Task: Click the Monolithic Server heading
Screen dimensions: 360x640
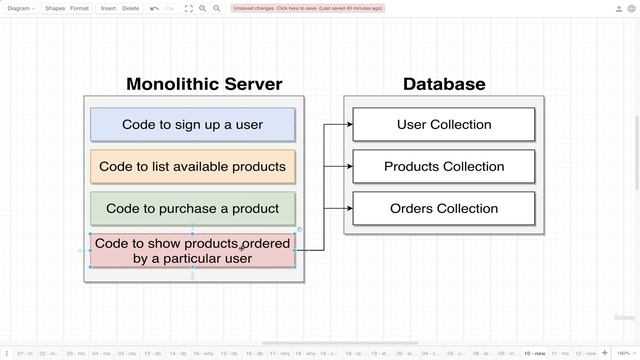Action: (x=204, y=84)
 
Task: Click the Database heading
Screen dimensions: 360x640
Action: (x=444, y=84)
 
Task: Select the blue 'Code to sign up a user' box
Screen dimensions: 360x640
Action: (x=193, y=125)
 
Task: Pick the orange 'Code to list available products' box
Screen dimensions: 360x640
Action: (x=193, y=167)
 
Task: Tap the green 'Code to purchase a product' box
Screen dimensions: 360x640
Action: (x=193, y=209)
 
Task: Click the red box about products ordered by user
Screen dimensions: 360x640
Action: (x=193, y=251)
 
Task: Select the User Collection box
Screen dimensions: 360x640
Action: (x=444, y=125)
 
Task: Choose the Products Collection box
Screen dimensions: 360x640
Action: (x=444, y=167)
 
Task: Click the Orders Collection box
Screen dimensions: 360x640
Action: (x=444, y=209)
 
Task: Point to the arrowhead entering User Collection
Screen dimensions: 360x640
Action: (x=349, y=125)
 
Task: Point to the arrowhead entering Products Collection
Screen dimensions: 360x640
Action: (x=349, y=167)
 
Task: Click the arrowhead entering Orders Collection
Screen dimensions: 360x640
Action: (x=349, y=209)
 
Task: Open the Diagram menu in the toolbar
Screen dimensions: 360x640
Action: (x=20, y=8)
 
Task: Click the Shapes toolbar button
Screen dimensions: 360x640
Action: (x=54, y=8)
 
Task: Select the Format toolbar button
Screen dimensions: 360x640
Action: (x=79, y=8)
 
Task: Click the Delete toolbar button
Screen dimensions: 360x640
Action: (x=130, y=8)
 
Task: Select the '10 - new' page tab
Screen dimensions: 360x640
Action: (x=535, y=353)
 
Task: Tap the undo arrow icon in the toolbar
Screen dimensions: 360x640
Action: (x=154, y=8)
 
